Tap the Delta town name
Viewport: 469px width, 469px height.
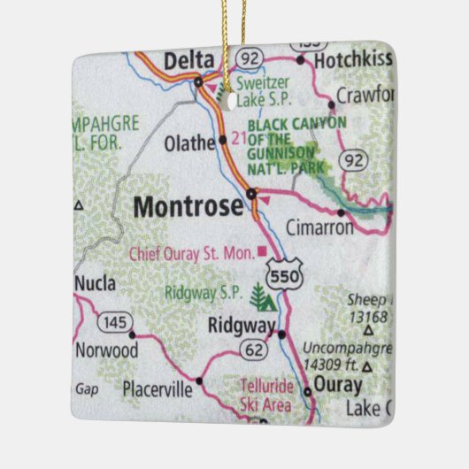point(188,60)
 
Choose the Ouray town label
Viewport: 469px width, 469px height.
point(339,386)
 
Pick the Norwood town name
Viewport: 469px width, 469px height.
point(106,350)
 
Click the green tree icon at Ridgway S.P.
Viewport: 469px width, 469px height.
point(260,296)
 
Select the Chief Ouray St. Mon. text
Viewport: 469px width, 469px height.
point(191,253)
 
